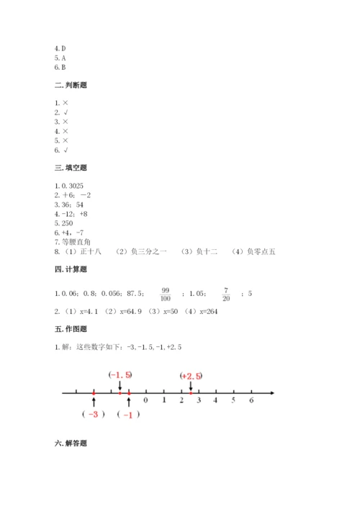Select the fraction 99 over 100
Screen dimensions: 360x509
[x=165, y=294]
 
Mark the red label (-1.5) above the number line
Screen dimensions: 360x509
[x=120, y=375]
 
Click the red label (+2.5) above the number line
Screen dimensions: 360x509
[x=191, y=375]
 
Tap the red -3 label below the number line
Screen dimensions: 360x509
[x=94, y=414]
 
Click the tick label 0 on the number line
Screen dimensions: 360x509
[x=146, y=400]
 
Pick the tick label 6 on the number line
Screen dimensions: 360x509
[x=251, y=400]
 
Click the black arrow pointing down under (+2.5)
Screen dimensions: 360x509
[x=191, y=386]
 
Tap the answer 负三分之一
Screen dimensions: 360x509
[x=149, y=251]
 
